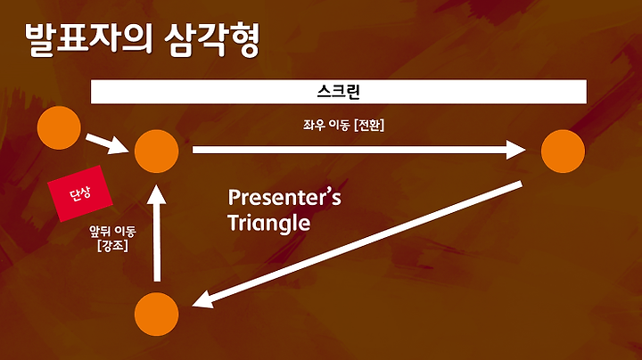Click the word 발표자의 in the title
click(88, 39)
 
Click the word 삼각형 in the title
click(212, 39)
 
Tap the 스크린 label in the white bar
click(339, 92)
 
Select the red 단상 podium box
click(80, 193)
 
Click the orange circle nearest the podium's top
click(59, 127)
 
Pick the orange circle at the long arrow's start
click(156, 151)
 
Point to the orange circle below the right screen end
click(563, 151)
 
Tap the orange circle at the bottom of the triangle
click(156, 315)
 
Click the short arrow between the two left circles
click(107, 144)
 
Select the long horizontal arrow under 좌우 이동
click(359, 150)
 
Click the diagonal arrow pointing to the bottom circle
click(357, 244)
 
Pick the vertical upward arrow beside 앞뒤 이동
click(157, 233)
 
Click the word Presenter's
click(284, 197)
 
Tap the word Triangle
click(269, 224)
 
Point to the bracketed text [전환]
click(369, 125)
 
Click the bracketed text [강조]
click(112, 245)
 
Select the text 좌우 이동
click(326, 125)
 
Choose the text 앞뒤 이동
click(112, 232)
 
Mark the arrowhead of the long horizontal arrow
click(516, 150)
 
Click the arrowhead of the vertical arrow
click(157, 194)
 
